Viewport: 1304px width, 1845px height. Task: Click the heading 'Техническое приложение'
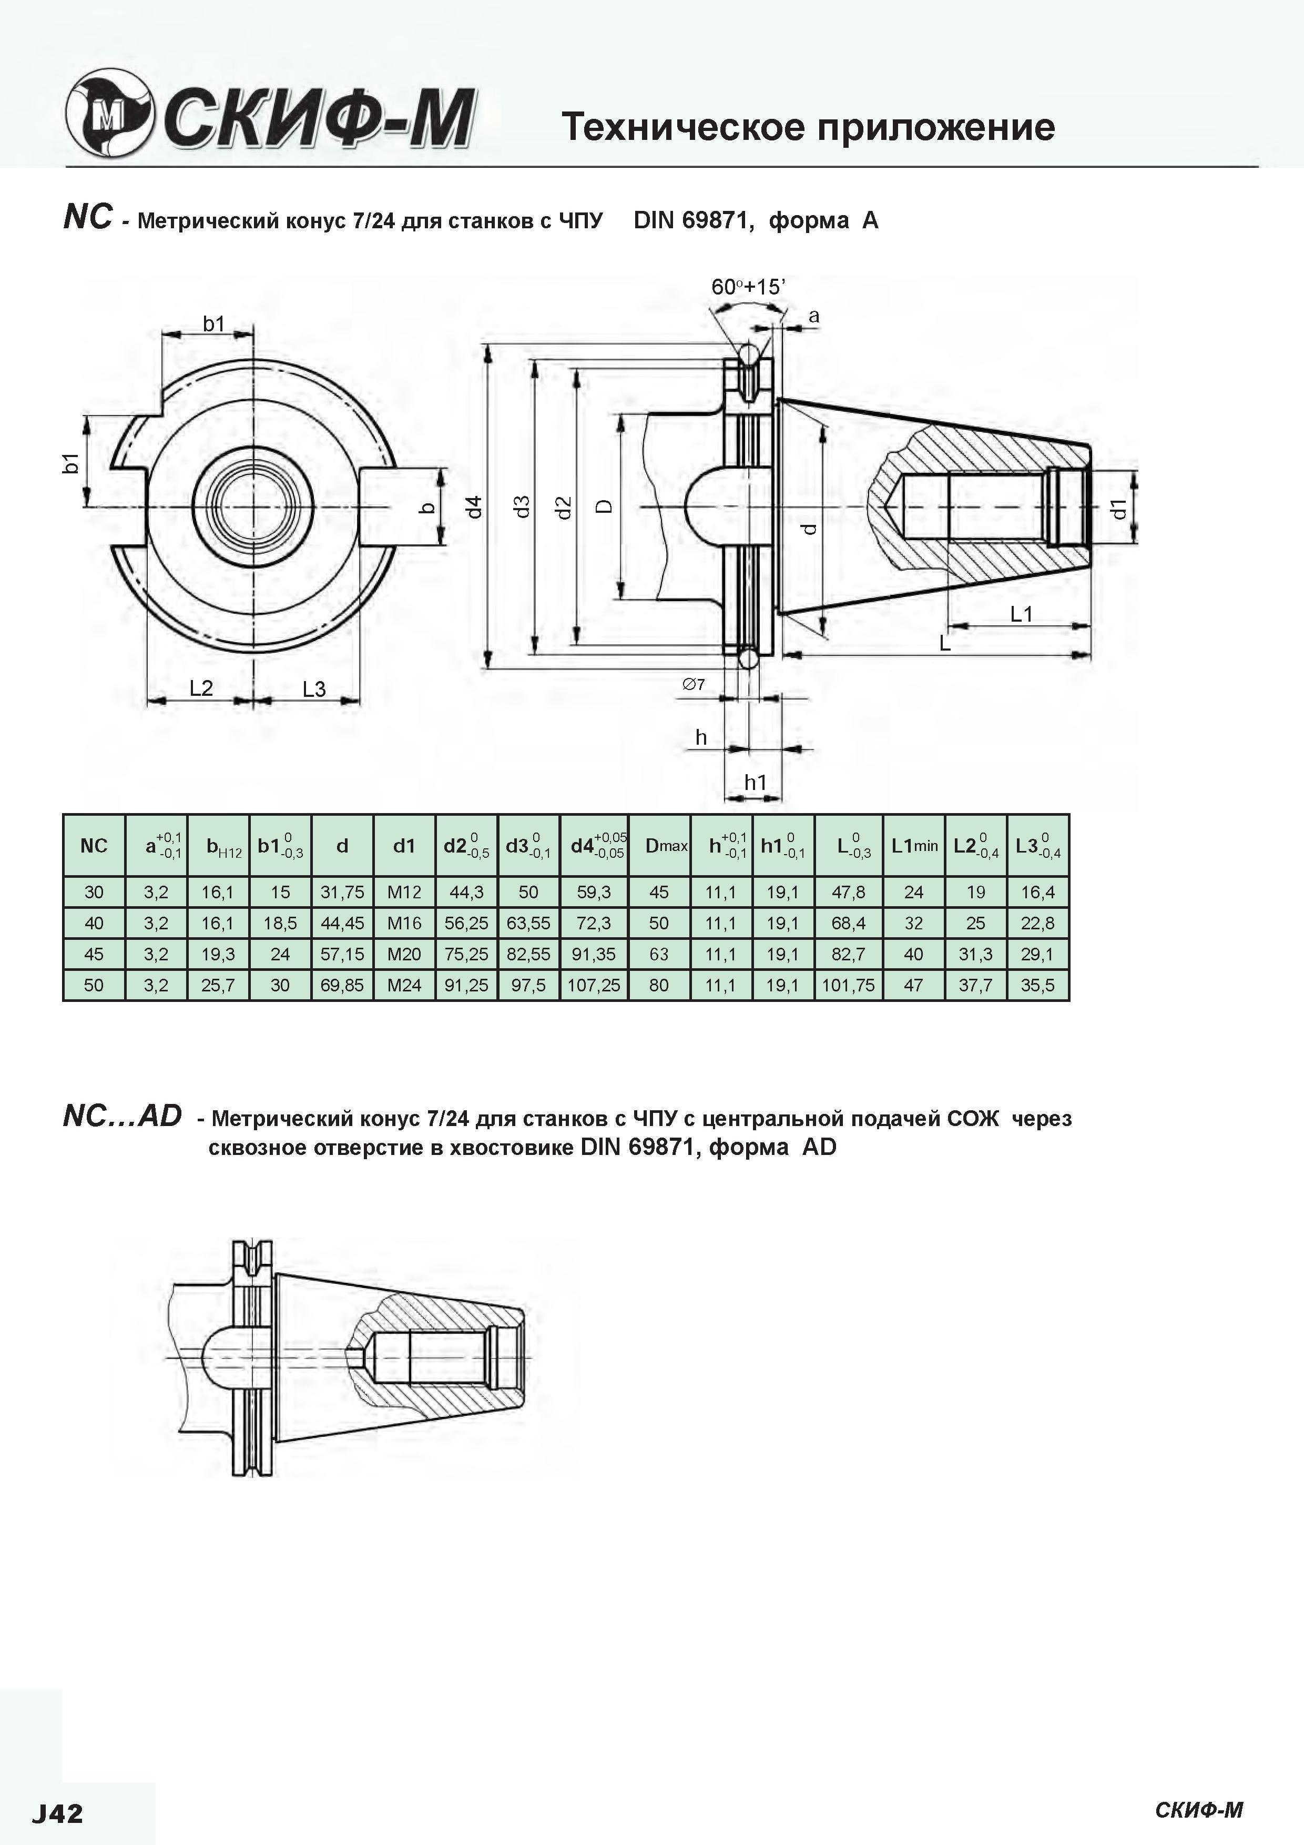pyautogui.click(x=808, y=127)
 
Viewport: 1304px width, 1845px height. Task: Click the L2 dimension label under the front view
pyautogui.click(x=201, y=688)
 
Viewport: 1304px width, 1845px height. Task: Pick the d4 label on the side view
pyautogui.click(x=475, y=506)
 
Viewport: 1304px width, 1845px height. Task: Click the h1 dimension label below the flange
pyautogui.click(x=755, y=782)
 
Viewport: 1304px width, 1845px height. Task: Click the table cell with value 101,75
pyautogui.click(x=849, y=985)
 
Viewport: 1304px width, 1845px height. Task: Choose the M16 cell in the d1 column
pyautogui.click(x=404, y=924)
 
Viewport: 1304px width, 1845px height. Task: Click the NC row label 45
pyautogui.click(x=94, y=954)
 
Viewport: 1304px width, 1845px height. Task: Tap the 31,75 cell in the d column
pyautogui.click(x=342, y=892)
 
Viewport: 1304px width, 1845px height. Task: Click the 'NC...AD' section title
pyautogui.click(x=122, y=1116)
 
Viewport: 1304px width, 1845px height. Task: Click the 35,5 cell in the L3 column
pyautogui.click(x=1038, y=985)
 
